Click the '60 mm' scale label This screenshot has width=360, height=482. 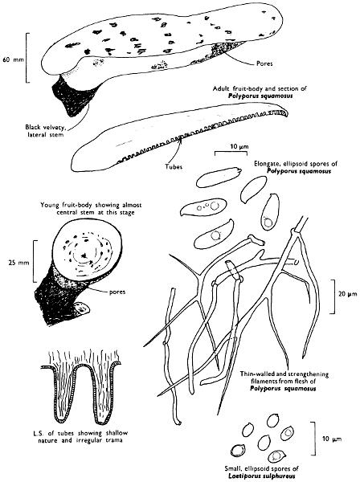pos(13,59)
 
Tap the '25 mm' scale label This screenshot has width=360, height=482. pos(18,263)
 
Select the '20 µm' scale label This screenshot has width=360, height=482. pos(348,294)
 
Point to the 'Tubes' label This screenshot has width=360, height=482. pos(174,166)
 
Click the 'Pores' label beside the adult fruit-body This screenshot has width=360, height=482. pos(264,64)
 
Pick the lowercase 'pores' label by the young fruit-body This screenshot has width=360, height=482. pos(117,292)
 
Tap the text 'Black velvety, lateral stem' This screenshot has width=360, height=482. pos(45,131)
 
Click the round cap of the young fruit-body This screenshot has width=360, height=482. pos(84,249)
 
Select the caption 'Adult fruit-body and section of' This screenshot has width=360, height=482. pos(260,89)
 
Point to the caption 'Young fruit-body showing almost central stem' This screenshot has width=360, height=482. pos(91,208)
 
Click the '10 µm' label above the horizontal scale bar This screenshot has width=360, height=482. pos(239,147)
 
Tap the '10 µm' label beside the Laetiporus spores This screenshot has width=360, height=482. pos(332,439)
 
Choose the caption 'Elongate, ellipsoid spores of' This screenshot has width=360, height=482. pos(296,164)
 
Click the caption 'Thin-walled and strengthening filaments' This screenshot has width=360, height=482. pos(284,378)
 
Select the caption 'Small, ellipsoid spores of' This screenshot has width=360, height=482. pos(261,469)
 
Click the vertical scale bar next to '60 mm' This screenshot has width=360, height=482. pos(27,58)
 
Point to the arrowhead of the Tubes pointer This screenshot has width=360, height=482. pos(181,139)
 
